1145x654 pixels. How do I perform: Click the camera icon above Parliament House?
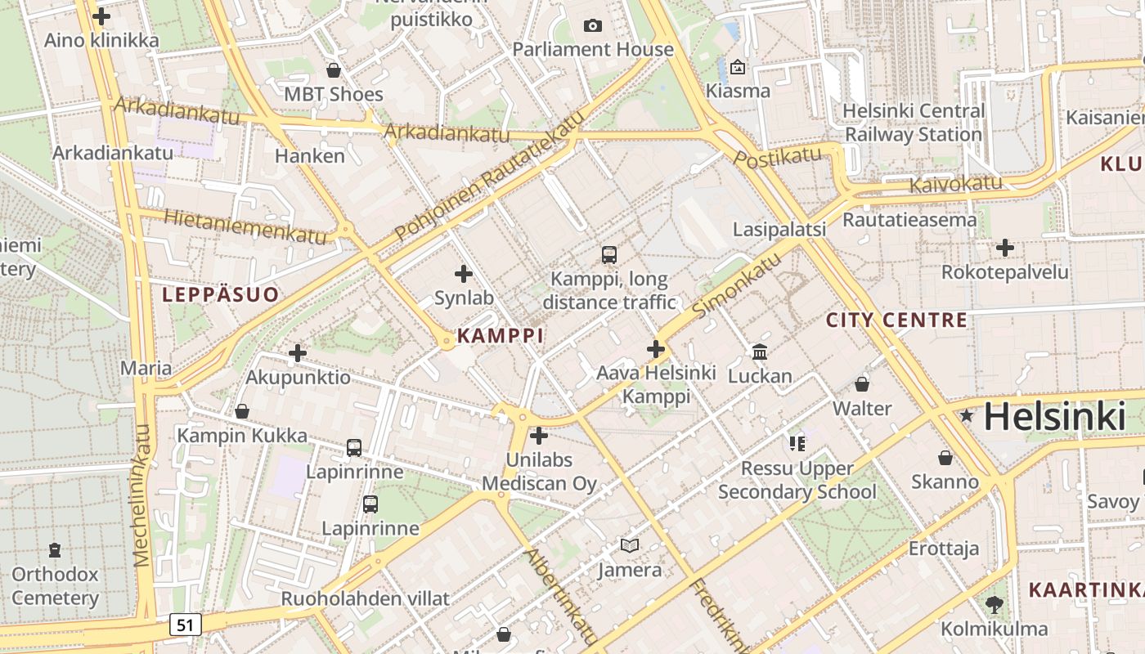tap(593, 26)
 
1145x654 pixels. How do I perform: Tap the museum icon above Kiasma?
tap(738, 67)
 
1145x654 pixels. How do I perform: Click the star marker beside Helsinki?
tap(967, 415)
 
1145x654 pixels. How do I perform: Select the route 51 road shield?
tap(186, 625)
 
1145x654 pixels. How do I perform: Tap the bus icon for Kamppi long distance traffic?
tap(609, 255)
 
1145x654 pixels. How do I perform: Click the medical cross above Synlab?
tap(464, 274)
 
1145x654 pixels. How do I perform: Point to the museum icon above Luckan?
tap(760, 352)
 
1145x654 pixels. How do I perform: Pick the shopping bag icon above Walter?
tap(862, 384)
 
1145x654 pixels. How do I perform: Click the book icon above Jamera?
tap(629, 545)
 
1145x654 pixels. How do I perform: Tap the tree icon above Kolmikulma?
tap(994, 605)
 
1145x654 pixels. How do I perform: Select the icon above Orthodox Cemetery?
tap(55, 549)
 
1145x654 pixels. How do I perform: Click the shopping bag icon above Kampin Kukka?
tap(242, 411)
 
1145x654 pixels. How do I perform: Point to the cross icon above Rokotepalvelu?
tap(1005, 248)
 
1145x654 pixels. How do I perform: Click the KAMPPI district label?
tap(500, 335)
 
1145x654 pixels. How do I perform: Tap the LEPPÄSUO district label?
tap(220, 294)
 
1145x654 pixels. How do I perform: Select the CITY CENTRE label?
tap(896, 320)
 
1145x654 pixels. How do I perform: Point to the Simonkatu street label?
tap(736, 285)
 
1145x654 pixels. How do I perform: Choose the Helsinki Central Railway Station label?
tap(913, 123)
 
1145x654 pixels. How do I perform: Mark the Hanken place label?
tap(310, 155)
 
